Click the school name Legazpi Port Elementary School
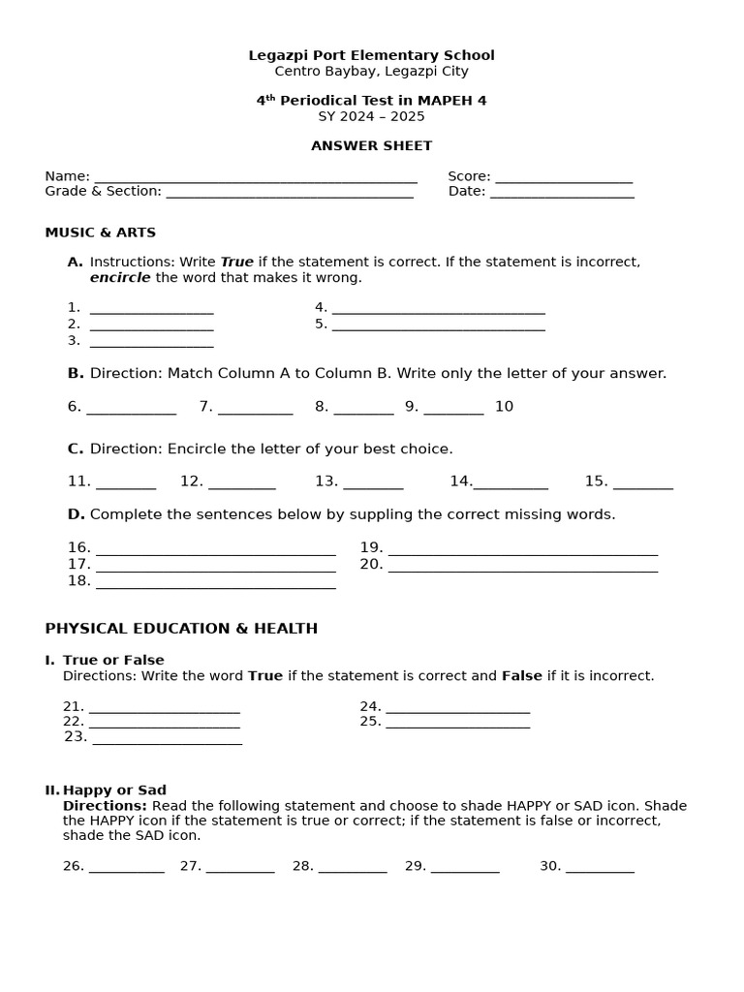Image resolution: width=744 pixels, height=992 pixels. [x=371, y=55]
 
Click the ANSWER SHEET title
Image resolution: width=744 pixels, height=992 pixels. [x=371, y=145]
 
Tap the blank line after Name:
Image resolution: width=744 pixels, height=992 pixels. [x=255, y=178]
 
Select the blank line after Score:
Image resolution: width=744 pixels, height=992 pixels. [x=563, y=178]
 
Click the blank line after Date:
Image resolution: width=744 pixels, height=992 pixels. [x=562, y=194]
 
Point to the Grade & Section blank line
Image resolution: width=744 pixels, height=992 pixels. [x=290, y=194]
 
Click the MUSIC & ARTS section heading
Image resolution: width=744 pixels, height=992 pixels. [x=100, y=232]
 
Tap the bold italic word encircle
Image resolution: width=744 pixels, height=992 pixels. [x=120, y=277]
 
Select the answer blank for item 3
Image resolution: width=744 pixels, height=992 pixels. [x=151, y=343]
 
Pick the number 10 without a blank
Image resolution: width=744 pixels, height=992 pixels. [x=504, y=406]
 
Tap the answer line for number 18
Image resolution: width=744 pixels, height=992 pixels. [x=215, y=584]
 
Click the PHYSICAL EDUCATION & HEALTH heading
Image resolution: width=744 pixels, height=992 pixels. [x=181, y=629]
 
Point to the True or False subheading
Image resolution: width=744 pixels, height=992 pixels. [x=113, y=660]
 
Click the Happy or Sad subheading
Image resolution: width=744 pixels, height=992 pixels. [x=114, y=790]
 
